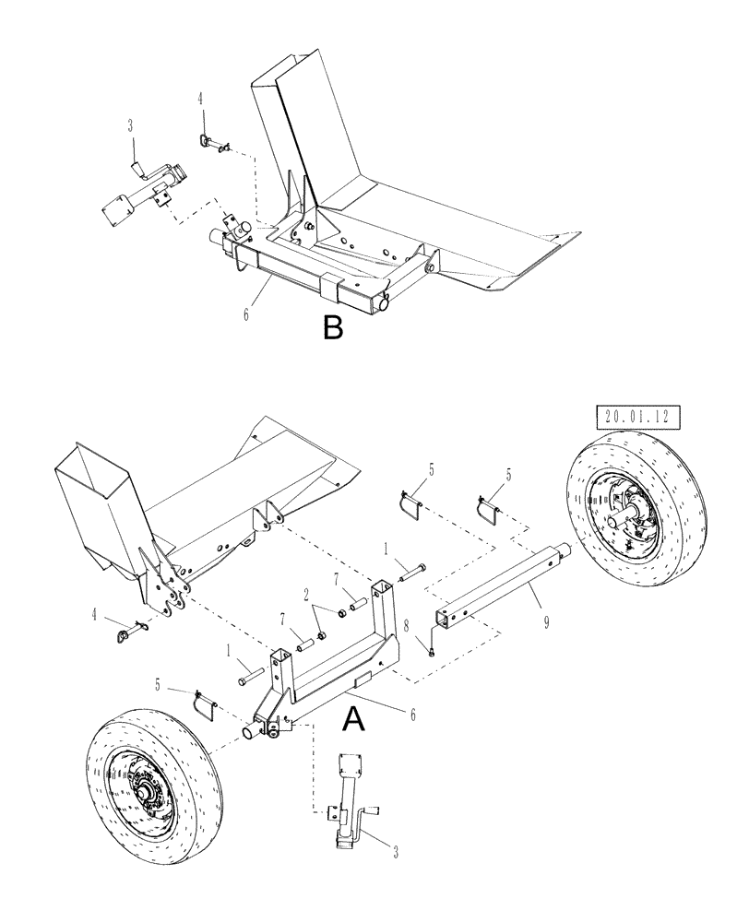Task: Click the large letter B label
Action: pos(333,327)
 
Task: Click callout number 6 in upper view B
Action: pos(246,313)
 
